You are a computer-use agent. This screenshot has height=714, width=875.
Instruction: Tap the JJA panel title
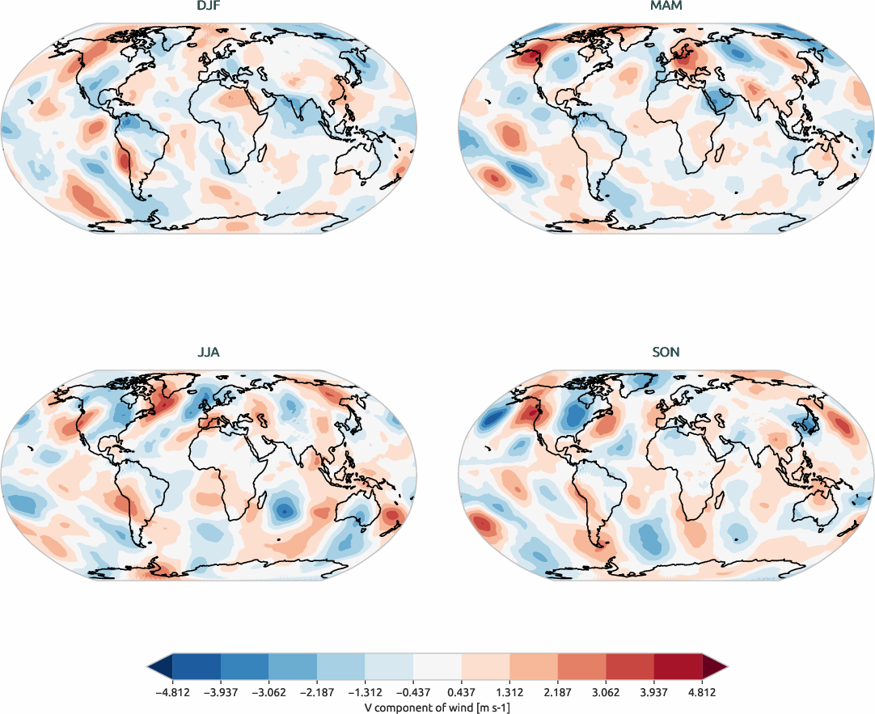click(x=209, y=353)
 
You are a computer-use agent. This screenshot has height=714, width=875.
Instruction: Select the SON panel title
click(x=667, y=353)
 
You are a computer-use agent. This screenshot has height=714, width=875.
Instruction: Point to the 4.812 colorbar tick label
click(x=702, y=692)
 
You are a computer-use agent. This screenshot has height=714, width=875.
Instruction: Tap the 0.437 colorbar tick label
click(x=462, y=692)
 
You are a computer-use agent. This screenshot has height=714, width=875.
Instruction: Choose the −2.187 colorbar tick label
click(x=317, y=692)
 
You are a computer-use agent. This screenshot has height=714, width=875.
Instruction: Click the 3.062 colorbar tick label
click(x=607, y=692)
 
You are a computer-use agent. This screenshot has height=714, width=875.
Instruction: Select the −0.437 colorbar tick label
click(x=413, y=692)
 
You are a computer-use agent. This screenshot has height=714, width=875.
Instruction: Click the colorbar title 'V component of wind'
click(x=437, y=706)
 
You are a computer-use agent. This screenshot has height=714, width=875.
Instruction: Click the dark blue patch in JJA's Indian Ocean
click(x=285, y=509)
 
